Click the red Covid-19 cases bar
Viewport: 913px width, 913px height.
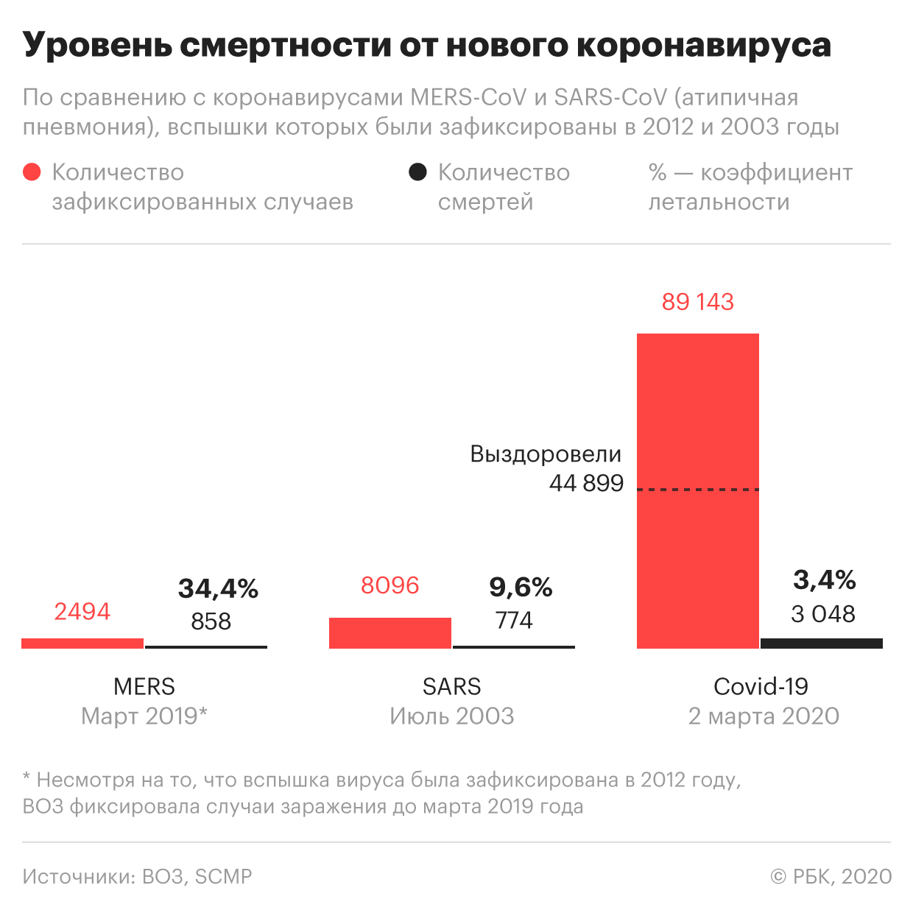point(697,490)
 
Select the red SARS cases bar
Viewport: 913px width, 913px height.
point(389,633)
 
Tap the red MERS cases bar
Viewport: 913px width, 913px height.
point(82,644)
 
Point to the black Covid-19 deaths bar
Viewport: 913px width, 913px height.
point(821,644)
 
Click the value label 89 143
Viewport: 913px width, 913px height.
point(697,302)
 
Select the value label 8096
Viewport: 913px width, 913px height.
point(389,585)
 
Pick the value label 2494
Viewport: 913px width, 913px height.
point(82,611)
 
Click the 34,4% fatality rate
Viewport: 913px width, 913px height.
point(218,588)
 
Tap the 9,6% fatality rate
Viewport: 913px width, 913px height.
point(521,587)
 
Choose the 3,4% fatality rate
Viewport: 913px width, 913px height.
point(824,580)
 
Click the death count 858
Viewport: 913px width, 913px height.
point(211,621)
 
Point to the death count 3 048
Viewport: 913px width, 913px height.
point(823,614)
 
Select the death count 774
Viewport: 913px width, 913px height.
point(514,621)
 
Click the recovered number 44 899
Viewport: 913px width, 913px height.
point(586,483)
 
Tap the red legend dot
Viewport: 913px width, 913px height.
point(32,172)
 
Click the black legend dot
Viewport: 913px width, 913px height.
point(417,172)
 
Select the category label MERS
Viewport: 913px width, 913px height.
point(144,686)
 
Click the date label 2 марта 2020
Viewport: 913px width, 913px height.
point(764,716)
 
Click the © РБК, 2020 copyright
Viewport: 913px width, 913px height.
point(831,876)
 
